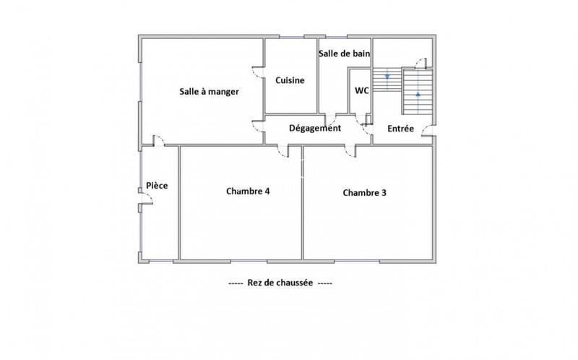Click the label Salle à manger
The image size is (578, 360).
209,92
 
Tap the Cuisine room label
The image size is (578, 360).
290,80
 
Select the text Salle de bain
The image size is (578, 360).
345,53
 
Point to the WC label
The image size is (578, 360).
362,90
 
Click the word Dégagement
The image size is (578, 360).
314,128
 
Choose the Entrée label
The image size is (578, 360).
400,129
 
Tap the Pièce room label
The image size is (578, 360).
157,186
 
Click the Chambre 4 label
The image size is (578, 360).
248,192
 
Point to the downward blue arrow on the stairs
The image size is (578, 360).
388,76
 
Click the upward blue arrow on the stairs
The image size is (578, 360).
418,94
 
